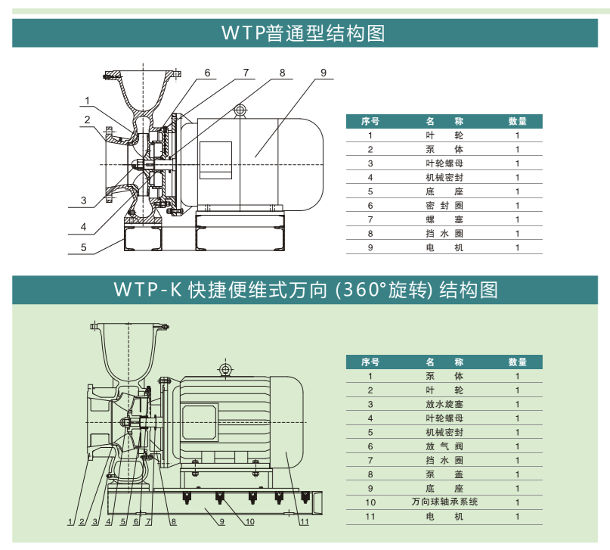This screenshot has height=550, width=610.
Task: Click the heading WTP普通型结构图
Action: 304,33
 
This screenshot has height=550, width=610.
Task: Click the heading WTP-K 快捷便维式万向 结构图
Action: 305,290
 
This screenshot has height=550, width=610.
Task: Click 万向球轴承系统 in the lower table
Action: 444,502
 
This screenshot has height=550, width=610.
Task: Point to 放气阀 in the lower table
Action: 444,446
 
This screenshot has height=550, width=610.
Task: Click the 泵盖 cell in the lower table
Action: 444,474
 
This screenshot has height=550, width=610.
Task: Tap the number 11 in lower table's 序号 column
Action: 370,517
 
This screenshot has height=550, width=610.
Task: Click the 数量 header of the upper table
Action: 518,121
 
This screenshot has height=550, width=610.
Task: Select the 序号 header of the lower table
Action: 370,362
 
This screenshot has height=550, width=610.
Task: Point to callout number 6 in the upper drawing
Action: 206,73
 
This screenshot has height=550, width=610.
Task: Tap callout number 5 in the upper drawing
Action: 85,246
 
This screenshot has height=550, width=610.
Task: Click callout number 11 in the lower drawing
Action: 304,522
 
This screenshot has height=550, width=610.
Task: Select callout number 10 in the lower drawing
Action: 249,522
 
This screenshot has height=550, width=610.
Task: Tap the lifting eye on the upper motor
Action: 240,110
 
